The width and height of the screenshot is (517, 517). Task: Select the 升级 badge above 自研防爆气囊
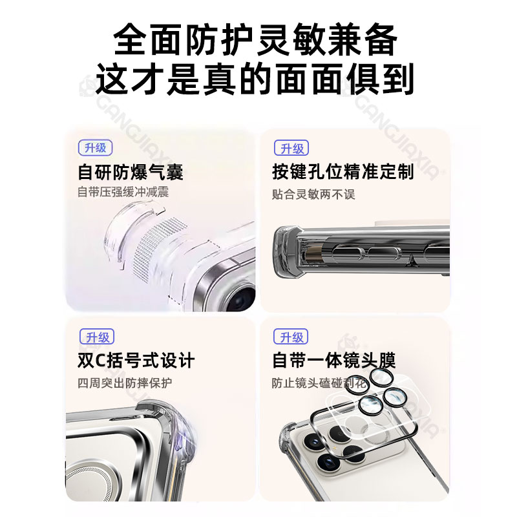pyautogui.click(x=96, y=148)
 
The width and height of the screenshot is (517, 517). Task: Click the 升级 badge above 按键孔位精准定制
pyautogui.click(x=291, y=149)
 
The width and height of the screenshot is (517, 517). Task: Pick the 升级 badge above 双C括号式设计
pyautogui.click(x=96, y=337)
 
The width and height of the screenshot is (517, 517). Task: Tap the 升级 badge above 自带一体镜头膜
pyautogui.click(x=291, y=337)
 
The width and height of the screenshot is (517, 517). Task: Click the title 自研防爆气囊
pyautogui.click(x=131, y=172)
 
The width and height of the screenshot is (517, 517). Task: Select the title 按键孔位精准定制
pyautogui.click(x=343, y=172)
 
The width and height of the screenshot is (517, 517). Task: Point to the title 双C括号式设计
pyautogui.click(x=136, y=360)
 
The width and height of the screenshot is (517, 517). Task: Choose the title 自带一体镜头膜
pyautogui.click(x=333, y=360)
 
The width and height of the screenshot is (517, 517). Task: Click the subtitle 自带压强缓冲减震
pyautogui.click(x=123, y=192)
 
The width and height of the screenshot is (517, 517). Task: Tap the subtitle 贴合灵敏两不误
pyautogui.click(x=313, y=194)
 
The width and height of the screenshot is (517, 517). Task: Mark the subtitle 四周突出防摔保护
pyautogui.click(x=125, y=383)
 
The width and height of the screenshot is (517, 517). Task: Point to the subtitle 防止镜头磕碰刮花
pyautogui.click(x=319, y=383)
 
